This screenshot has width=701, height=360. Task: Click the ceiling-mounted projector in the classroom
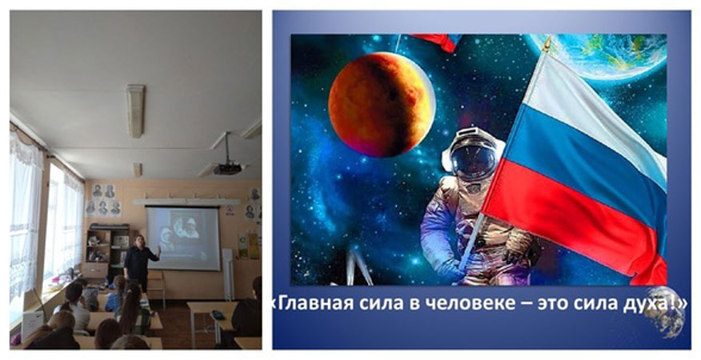(x=227, y=168)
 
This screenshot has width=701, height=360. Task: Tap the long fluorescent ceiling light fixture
(x=135, y=111)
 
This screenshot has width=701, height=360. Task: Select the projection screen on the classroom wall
(x=183, y=238)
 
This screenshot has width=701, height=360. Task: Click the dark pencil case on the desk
(x=218, y=315)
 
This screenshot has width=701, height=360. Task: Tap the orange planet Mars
(x=382, y=105)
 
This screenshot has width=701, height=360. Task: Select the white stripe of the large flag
(x=590, y=112)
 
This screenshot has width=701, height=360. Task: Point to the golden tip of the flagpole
(x=547, y=44)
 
